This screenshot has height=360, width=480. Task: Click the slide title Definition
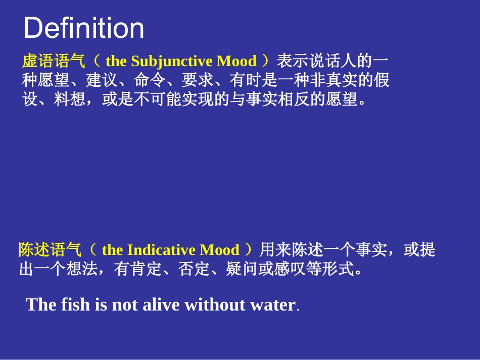coord(84,28)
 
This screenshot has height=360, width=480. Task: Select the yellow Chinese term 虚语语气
coord(54,62)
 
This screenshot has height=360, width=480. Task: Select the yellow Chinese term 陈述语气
coord(50,250)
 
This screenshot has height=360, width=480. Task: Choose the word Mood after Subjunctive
coord(236,62)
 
